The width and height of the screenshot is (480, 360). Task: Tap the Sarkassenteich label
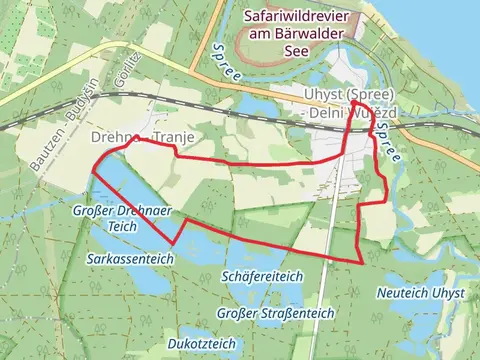pyautogui.click(x=130, y=258)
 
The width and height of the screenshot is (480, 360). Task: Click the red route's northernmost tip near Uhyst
pyautogui.click(x=354, y=103)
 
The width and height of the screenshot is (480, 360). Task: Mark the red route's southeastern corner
pyautogui.click(x=360, y=262)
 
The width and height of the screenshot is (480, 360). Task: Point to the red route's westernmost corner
pyautogui.click(x=93, y=170)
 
